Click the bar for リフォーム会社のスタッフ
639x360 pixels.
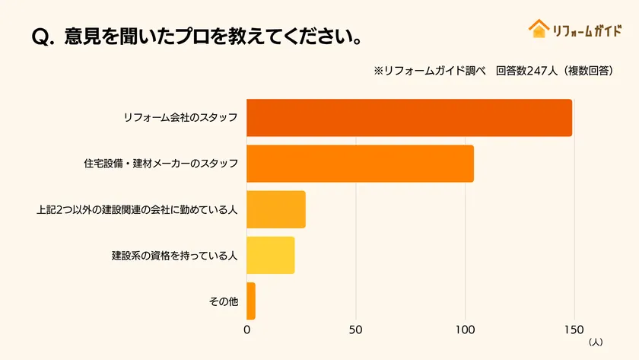409,118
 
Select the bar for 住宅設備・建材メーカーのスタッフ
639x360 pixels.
360,164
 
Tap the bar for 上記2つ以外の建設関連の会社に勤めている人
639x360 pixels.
276,209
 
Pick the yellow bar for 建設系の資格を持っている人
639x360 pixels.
270,255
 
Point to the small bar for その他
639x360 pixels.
251,301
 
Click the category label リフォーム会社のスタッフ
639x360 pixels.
180,118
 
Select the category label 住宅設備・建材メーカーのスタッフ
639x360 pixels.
161,164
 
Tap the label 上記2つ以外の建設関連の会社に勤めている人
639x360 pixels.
137,210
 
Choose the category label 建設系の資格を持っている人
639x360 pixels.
175,256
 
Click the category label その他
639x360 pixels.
224,301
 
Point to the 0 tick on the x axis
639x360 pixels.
247,330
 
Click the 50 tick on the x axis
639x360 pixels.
355,330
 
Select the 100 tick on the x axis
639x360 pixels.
464,330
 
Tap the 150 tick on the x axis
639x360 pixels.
573,330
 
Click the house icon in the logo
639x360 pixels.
539,29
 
